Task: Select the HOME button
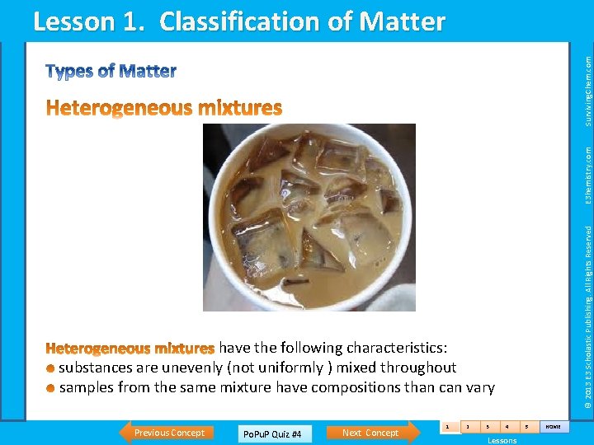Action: (x=552, y=427)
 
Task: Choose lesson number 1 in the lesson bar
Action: (x=447, y=427)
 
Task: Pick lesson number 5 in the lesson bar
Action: (x=526, y=427)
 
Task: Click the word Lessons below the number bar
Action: (x=502, y=441)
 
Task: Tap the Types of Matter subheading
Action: (x=111, y=72)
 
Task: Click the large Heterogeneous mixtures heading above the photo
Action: (x=164, y=108)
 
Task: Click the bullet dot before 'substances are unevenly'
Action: (x=51, y=368)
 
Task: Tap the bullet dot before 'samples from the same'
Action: (x=51, y=388)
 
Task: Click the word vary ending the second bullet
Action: (x=479, y=387)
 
